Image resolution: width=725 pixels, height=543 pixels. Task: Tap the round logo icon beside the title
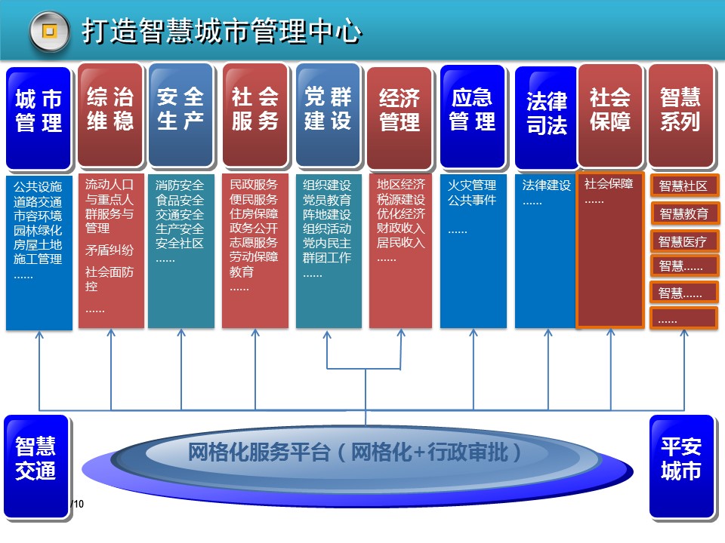click(x=50, y=32)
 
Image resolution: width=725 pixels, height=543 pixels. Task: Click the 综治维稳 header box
click(x=110, y=113)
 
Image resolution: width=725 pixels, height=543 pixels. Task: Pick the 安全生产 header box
click(x=180, y=113)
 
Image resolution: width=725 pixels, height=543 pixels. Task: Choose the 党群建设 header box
click(x=328, y=113)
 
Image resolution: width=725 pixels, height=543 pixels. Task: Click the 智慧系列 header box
click(x=680, y=113)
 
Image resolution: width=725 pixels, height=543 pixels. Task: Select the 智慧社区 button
click(x=683, y=186)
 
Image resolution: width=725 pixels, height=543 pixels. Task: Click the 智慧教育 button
click(x=683, y=214)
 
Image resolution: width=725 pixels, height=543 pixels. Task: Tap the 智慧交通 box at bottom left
click(x=35, y=459)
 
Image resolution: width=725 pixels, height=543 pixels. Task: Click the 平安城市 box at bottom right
click(x=681, y=459)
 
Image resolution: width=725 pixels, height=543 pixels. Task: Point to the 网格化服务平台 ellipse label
click(x=355, y=452)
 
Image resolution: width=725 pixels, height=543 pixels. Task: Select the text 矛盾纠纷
click(x=110, y=250)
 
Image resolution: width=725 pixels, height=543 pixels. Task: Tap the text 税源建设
click(x=401, y=200)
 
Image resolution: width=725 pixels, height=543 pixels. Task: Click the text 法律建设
click(x=546, y=186)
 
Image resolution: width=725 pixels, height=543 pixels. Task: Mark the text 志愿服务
click(x=254, y=243)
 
